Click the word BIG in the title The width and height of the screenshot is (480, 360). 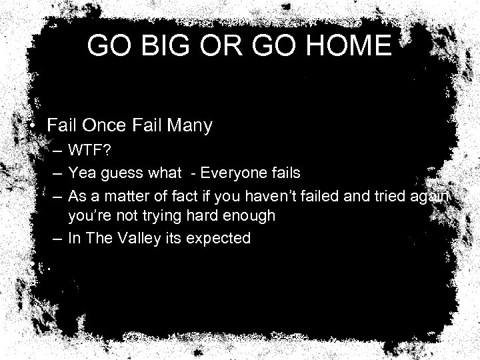(167, 45)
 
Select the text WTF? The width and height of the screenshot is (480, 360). (89, 152)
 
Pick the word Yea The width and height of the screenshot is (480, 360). (82, 173)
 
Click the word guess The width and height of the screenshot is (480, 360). (119, 174)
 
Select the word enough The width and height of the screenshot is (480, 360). (245, 217)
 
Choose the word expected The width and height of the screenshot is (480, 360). (220, 239)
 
